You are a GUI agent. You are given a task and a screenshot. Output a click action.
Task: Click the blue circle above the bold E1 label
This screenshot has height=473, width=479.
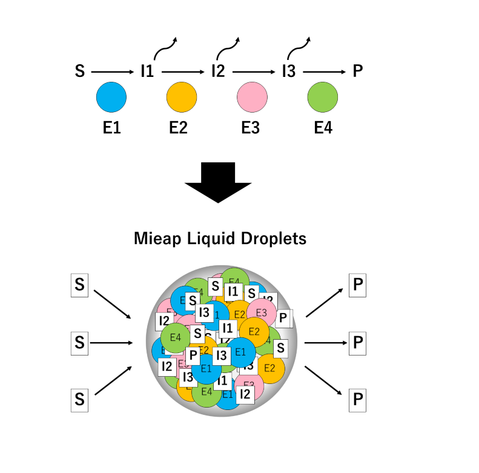[111, 98]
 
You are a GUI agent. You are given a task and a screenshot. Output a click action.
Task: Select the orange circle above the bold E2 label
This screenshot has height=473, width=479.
[182, 98]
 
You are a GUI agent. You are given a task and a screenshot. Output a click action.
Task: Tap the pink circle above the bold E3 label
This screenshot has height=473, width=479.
[253, 98]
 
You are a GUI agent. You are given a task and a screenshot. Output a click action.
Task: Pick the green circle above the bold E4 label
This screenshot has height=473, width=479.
[323, 98]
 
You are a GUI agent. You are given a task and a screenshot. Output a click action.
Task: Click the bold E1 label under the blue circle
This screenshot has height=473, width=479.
[112, 128]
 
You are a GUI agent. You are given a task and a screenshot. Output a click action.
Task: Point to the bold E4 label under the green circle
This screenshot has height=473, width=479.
[323, 128]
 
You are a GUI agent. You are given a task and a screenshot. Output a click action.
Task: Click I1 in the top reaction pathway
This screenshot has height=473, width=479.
[147, 71]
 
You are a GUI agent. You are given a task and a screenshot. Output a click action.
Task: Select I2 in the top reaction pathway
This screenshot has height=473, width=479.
[218, 71]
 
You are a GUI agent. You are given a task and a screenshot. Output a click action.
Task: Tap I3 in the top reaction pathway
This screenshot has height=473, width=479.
[289, 71]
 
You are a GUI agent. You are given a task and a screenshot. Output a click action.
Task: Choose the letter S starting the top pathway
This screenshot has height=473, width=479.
[79, 71]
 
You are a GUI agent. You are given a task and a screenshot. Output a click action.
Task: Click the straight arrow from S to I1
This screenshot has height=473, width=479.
[114, 71]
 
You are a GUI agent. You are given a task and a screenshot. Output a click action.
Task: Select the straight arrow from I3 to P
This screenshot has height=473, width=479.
[325, 71]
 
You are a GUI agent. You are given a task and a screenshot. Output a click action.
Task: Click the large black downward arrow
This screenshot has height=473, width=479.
[217, 181]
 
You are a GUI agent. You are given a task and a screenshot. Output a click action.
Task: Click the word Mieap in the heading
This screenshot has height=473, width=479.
[153, 238]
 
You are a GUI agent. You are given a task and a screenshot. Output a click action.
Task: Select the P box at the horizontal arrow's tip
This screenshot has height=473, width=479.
[358, 343]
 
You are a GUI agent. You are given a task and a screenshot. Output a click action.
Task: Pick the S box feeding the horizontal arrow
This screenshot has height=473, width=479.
[79, 343]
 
